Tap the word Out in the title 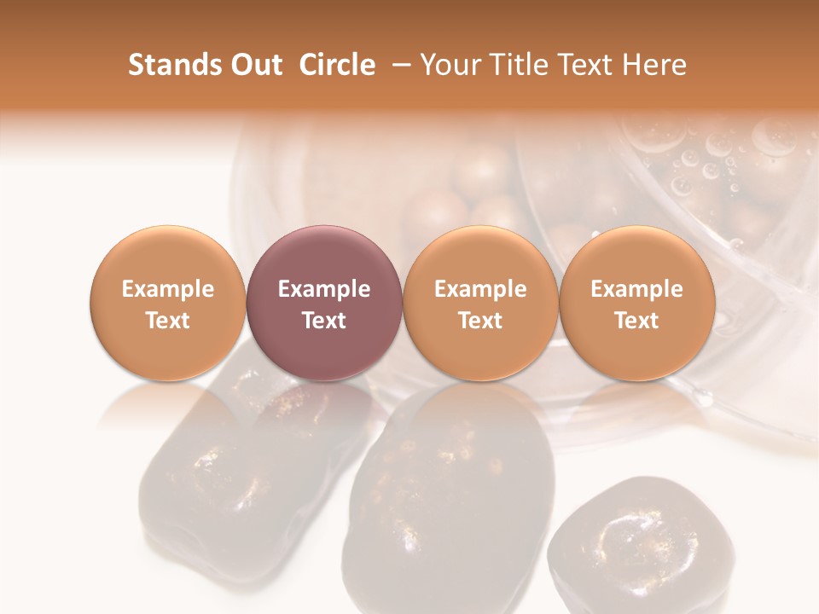pyautogui.click(x=254, y=66)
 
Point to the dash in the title pyautogui.click(x=398, y=66)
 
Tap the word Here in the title pyautogui.click(x=656, y=66)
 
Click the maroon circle pyautogui.click(x=324, y=303)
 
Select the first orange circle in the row pyautogui.click(x=168, y=303)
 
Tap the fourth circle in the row pyautogui.click(x=636, y=303)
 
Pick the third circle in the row pyautogui.click(x=480, y=303)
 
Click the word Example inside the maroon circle pyautogui.click(x=324, y=289)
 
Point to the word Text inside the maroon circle pyautogui.click(x=324, y=321)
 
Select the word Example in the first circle pyautogui.click(x=168, y=289)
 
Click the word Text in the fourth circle pyautogui.click(x=636, y=321)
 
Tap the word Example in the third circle pyautogui.click(x=480, y=289)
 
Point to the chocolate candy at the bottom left pyautogui.click(x=222, y=495)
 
